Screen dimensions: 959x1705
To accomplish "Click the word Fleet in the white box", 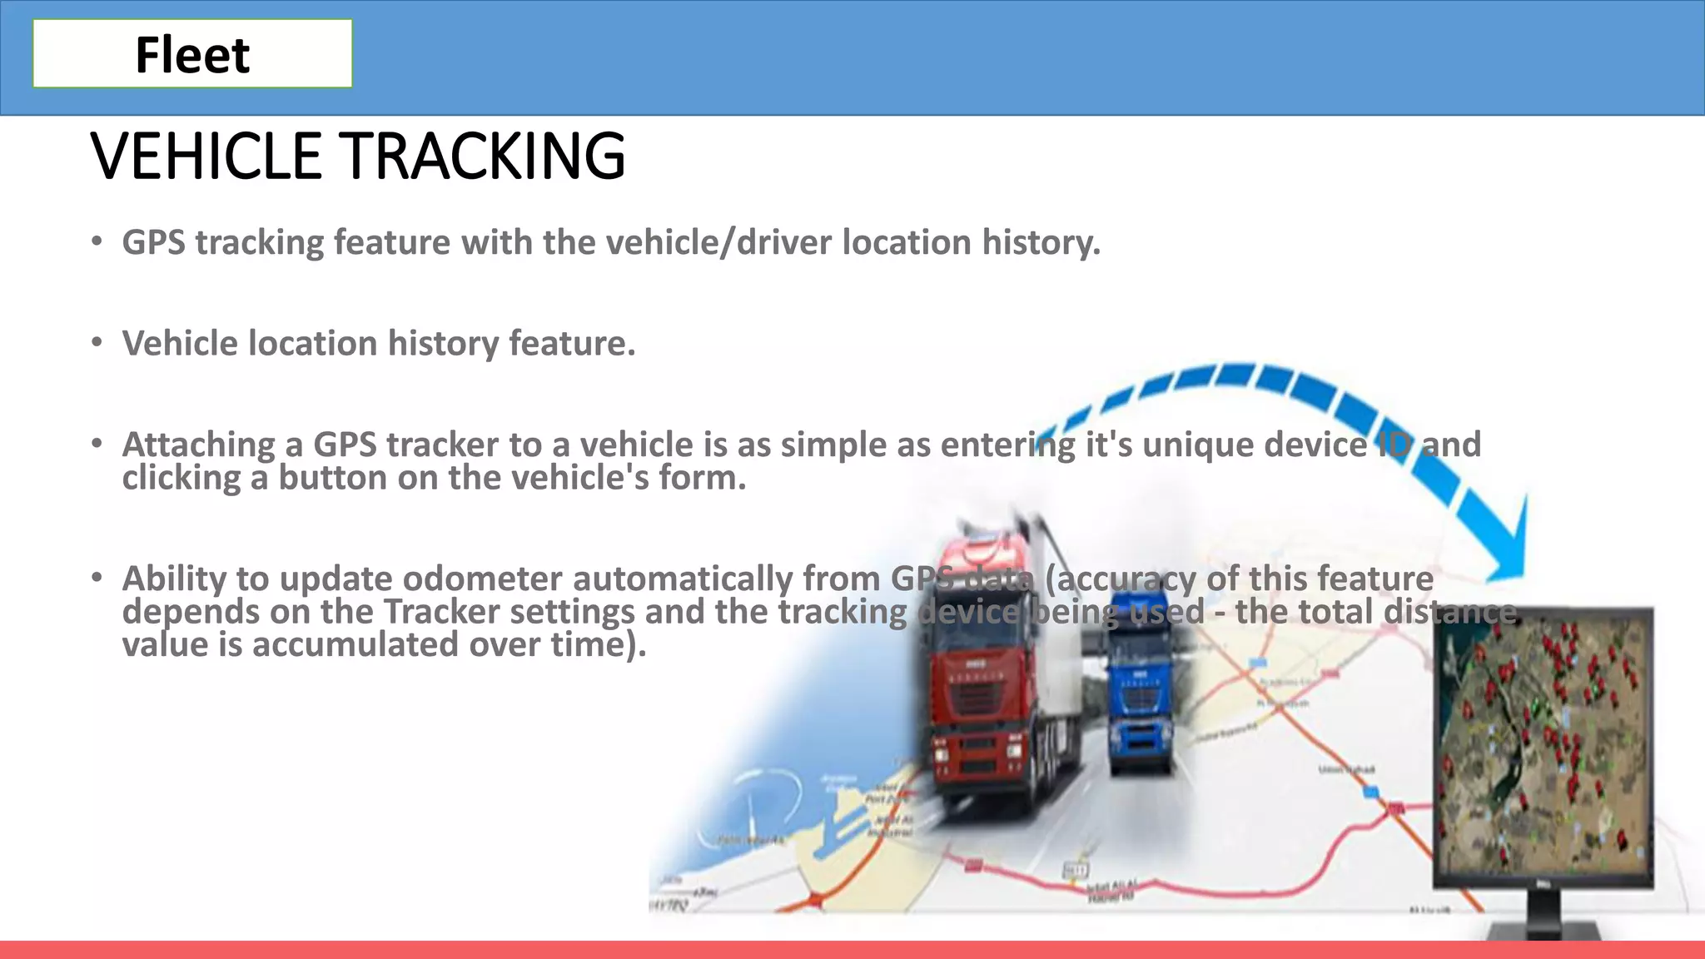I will pyautogui.click(x=192, y=55).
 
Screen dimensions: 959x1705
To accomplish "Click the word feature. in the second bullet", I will pyautogui.click(x=572, y=343).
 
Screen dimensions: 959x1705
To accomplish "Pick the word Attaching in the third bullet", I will pyautogui.click(x=198, y=445).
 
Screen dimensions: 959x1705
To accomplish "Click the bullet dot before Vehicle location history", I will pyautogui.click(x=97, y=342).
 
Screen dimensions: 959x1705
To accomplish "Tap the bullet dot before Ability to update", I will pyautogui.click(x=97, y=576).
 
